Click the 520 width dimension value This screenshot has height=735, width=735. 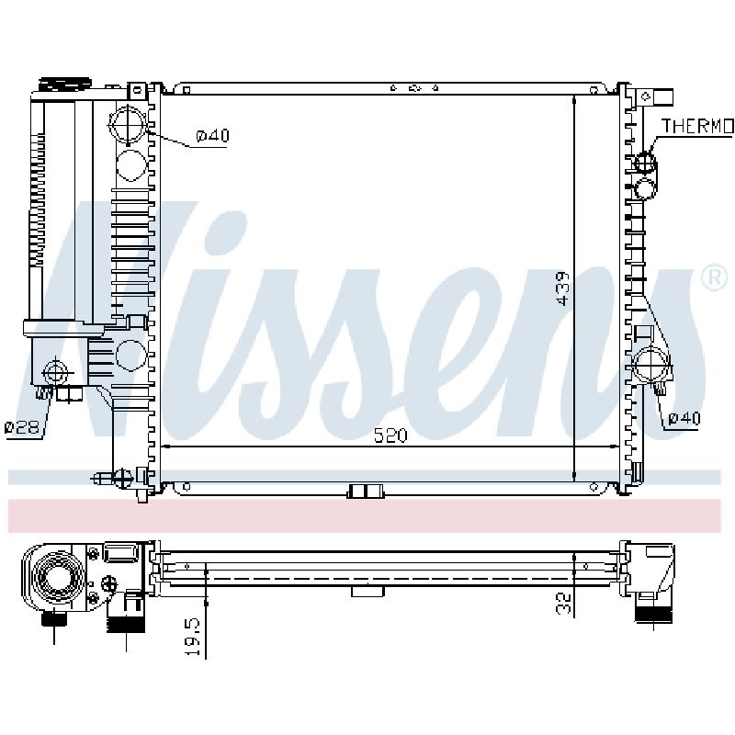(390, 435)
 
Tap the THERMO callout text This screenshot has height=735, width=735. (697, 127)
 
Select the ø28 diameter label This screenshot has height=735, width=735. (22, 427)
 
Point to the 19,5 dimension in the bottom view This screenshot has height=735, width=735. (193, 637)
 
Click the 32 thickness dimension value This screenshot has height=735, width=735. (565, 604)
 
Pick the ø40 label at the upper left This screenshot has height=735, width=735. (213, 136)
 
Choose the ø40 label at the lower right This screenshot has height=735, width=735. (684, 418)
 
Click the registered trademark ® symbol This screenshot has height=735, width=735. (714, 277)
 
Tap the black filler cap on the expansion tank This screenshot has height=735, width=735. (63, 85)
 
